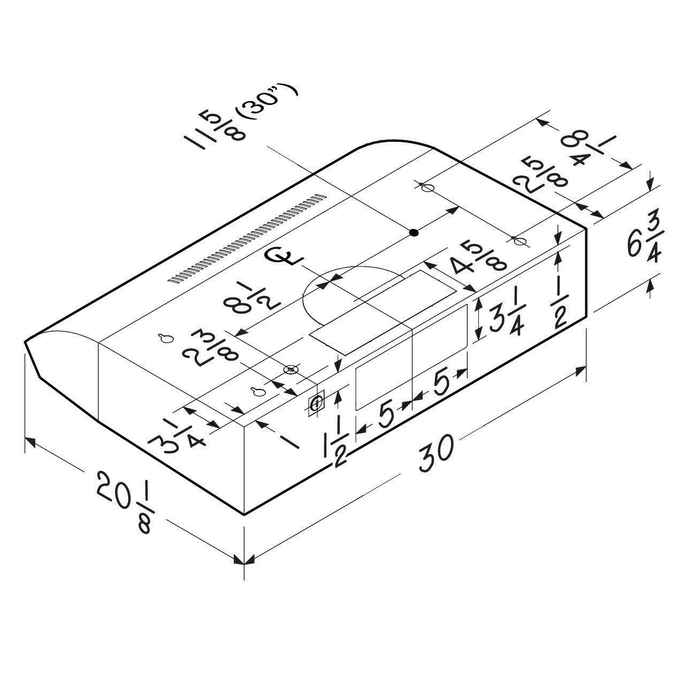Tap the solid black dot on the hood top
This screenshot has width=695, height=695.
[415, 233]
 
